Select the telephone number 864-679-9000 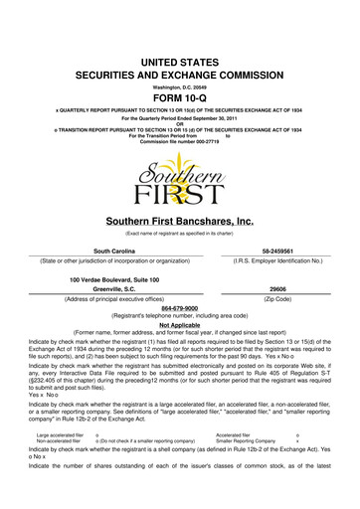pos(180,308)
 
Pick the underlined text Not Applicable pos(180,324)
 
